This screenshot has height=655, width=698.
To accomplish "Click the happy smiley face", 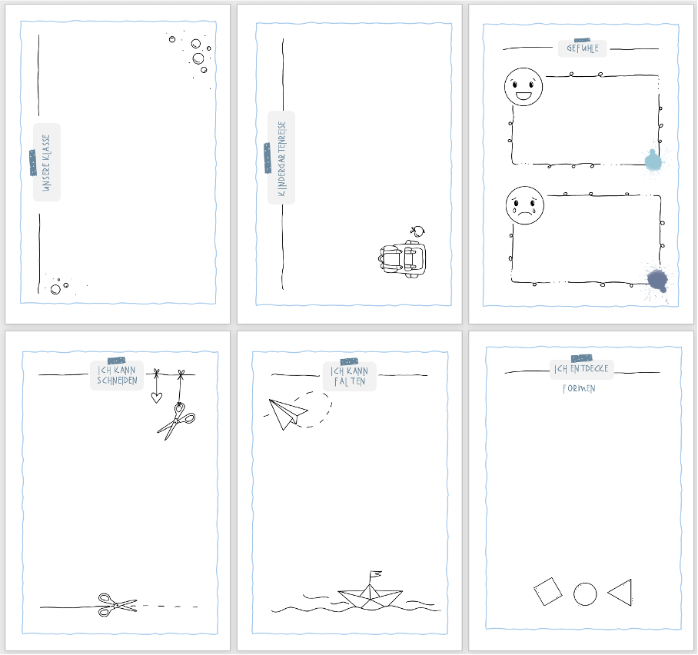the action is click(x=523, y=87).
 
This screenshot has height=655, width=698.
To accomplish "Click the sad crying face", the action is click(x=524, y=204).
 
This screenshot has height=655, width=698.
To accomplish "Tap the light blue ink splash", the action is click(x=653, y=160).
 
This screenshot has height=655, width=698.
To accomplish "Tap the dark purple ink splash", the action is click(x=657, y=280).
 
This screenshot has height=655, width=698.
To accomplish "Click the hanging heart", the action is click(x=156, y=397).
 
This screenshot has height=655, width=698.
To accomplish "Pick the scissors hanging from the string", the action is click(x=177, y=421).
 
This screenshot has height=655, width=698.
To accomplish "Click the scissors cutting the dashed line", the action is click(x=115, y=604).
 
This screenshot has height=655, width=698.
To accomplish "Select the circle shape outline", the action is click(x=585, y=594).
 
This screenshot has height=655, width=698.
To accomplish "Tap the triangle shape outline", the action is click(x=621, y=592).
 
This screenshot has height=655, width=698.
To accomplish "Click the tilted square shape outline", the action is click(x=548, y=593).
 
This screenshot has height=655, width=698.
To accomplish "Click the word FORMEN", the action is click(x=579, y=388).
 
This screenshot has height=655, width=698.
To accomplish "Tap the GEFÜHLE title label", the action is click(x=582, y=48).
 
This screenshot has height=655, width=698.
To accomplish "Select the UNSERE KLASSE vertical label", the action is click(x=46, y=163).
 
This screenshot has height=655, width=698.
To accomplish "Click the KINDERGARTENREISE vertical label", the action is click(x=281, y=158).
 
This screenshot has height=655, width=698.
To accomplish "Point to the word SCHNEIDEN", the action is click(x=117, y=381).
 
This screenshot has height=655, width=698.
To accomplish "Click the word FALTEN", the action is click(x=350, y=381).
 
